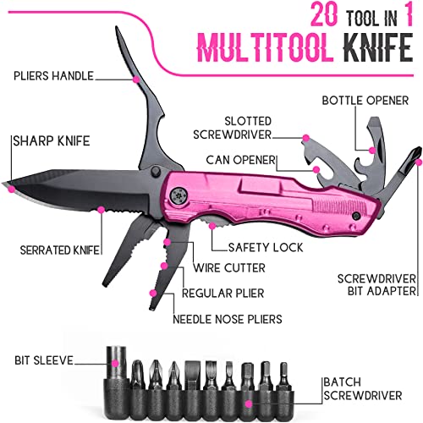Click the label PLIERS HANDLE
53,76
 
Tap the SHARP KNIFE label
52,141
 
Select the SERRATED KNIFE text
60,250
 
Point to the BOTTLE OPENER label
365,101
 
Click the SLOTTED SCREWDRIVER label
233,128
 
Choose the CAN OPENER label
240,160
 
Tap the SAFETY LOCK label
266,248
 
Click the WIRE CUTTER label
229,268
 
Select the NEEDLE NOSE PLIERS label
228,319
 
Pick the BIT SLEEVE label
44,360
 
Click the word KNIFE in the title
378,47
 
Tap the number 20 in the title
324,15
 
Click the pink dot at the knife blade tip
12,189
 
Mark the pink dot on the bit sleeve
115,364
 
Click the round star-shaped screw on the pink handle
179,195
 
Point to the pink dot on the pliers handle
136,80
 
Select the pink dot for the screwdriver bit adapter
419,162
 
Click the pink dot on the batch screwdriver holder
249,404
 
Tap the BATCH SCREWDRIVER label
362,389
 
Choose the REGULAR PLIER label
222,294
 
